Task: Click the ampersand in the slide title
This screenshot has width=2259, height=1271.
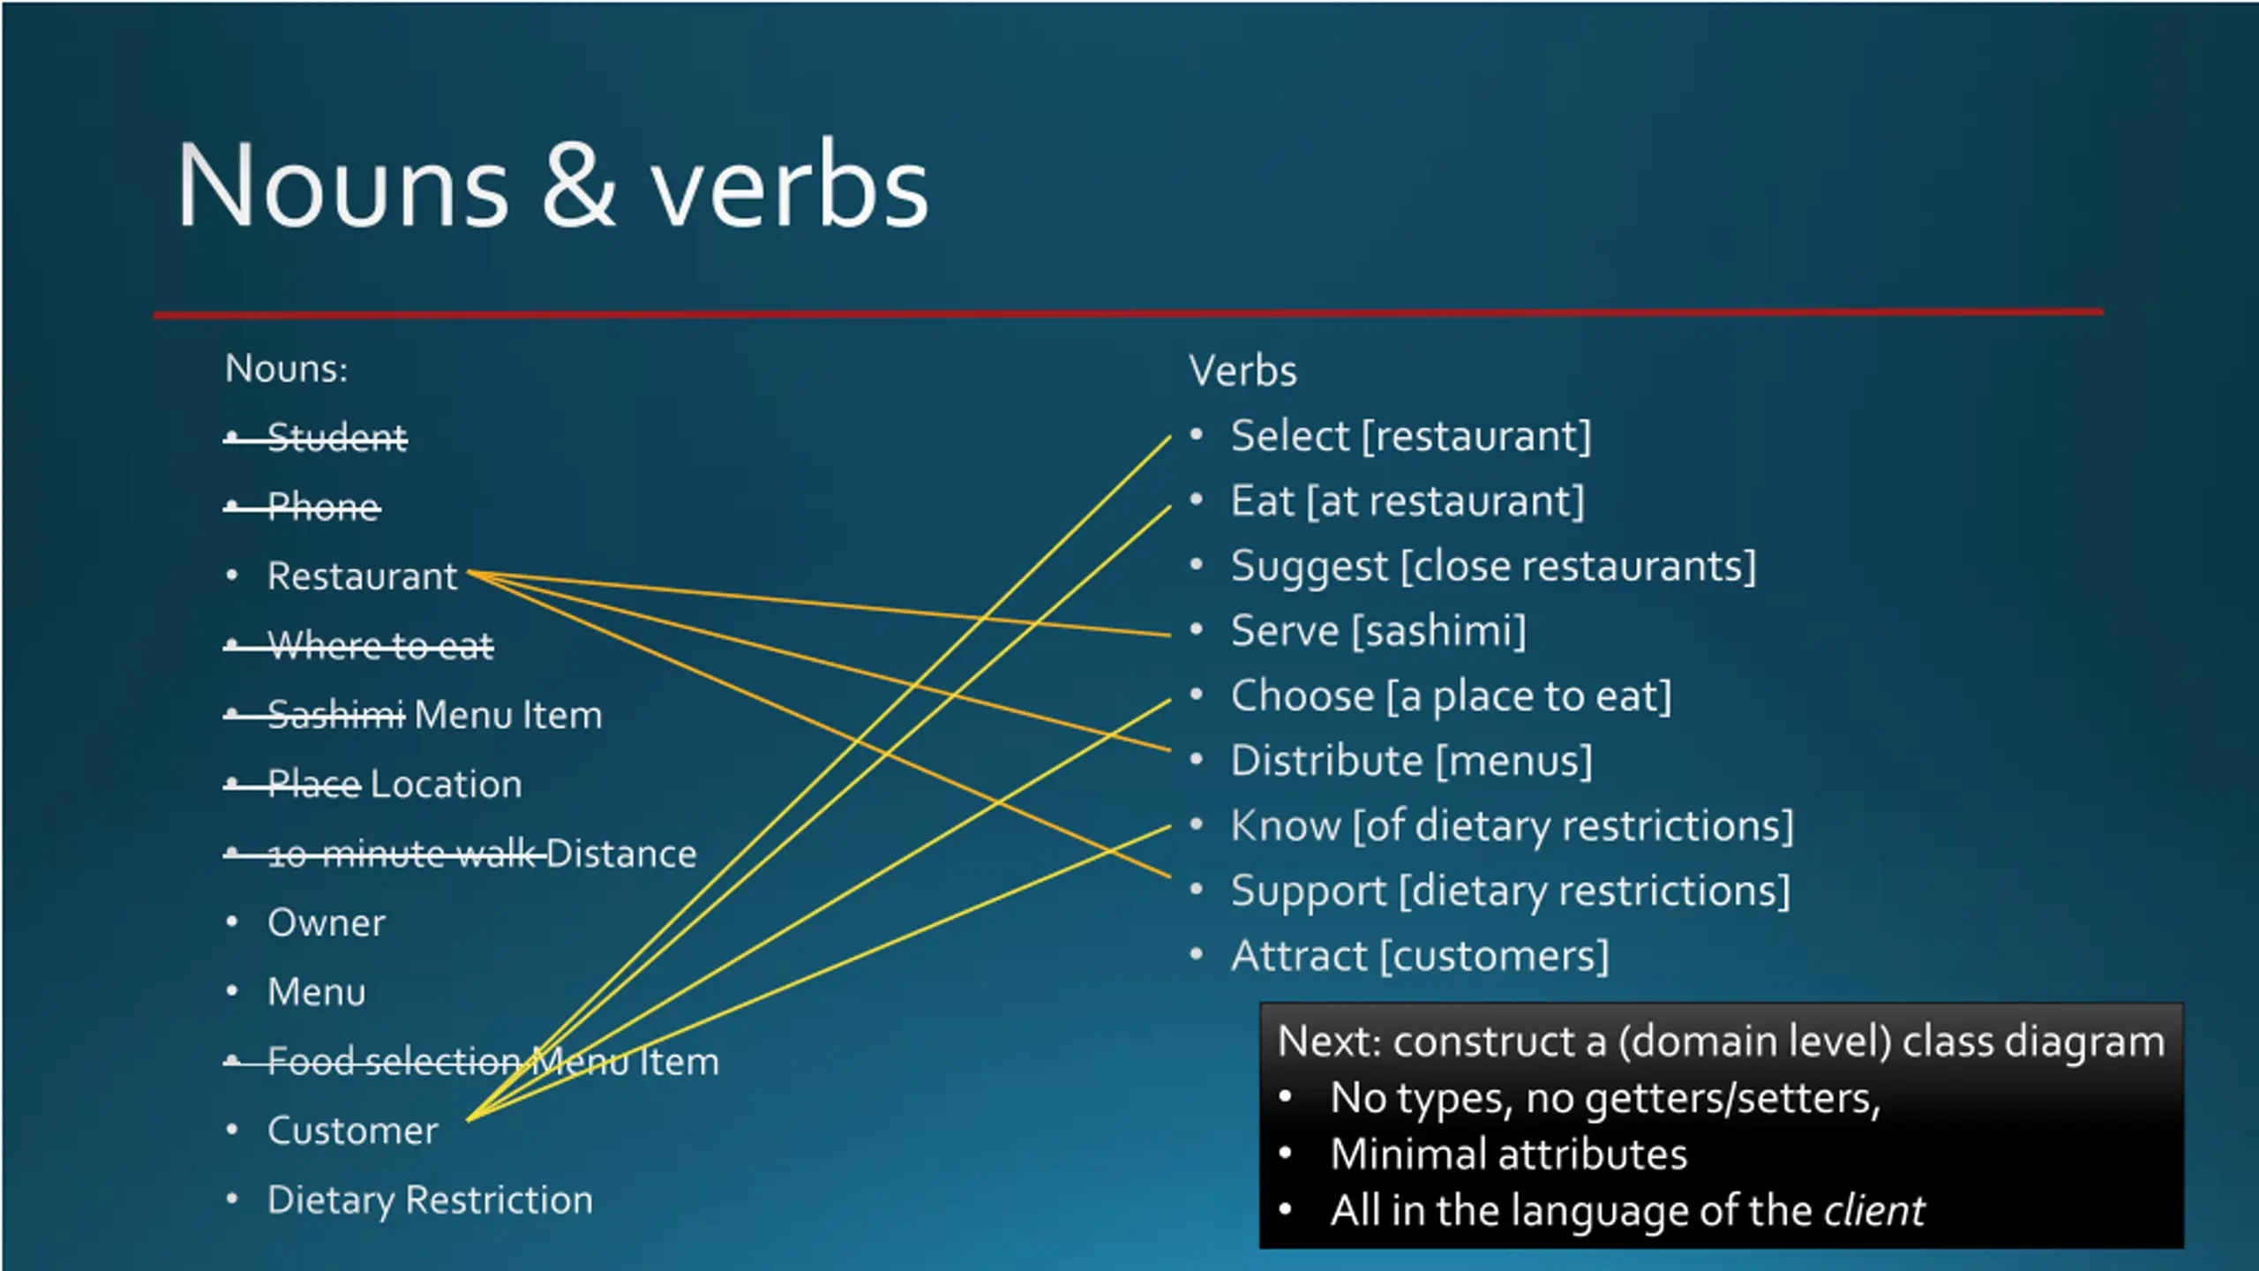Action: [x=578, y=187]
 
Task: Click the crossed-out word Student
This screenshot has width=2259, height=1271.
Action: [x=337, y=437]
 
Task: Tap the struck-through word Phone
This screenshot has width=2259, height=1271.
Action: [x=324, y=507]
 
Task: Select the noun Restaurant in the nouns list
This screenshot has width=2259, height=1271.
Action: [x=363, y=576]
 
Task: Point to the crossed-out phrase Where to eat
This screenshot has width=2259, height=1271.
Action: [x=380, y=645]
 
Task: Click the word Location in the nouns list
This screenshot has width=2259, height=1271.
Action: [x=447, y=784]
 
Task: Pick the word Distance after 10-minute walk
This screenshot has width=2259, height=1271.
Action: [x=621, y=854]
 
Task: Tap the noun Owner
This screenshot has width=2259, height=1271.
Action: [x=326, y=923]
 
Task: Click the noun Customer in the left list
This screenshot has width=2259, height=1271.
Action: [x=353, y=1131]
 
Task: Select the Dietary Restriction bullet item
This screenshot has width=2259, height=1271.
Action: [x=430, y=1200]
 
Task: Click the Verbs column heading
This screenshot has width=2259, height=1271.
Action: [x=1242, y=371]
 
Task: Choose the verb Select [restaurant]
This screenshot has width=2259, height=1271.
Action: [x=1410, y=436]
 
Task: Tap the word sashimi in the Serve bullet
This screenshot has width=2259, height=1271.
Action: [x=1439, y=631]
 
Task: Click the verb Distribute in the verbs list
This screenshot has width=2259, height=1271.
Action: [x=1327, y=761]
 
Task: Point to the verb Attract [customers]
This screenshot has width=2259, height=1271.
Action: [x=1420, y=956]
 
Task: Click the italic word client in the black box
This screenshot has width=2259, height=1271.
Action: [x=1874, y=1210]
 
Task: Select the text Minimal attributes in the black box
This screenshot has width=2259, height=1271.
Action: [x=1509, y=1154]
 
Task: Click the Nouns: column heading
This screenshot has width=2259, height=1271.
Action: [x=287, y=369]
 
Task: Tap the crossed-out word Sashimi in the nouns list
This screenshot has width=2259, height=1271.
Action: [x=336, y=714]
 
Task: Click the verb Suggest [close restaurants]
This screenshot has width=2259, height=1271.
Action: [x=1493, y=566]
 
